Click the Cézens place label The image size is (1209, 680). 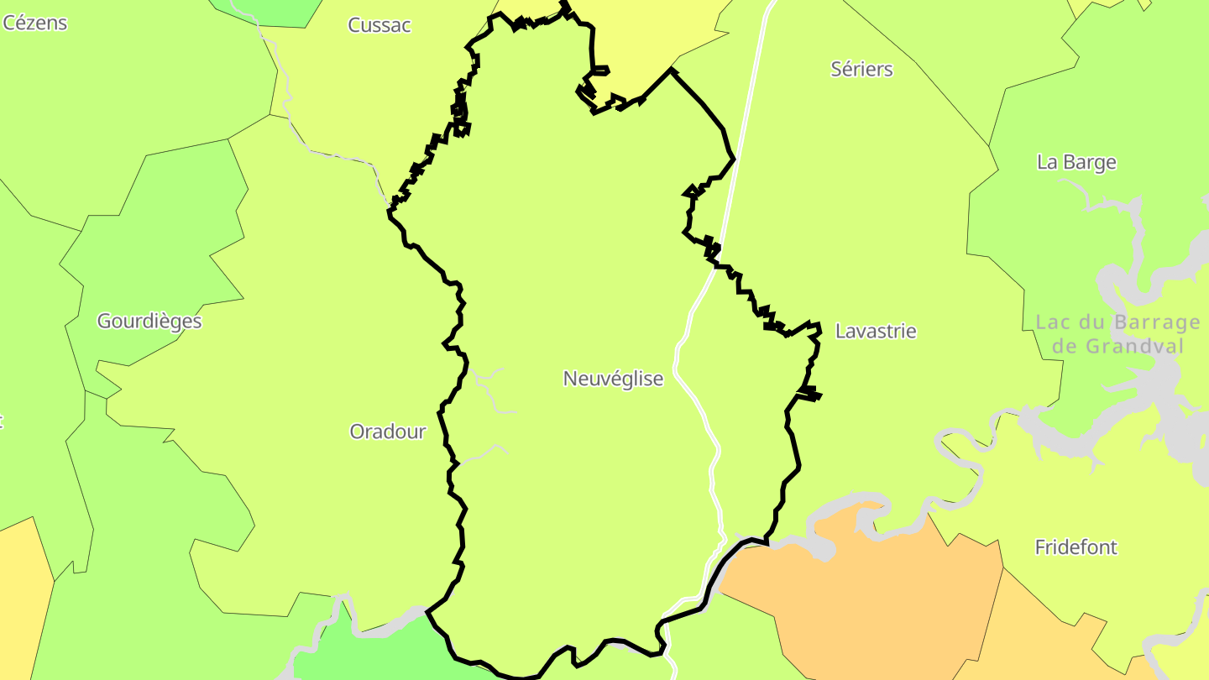click(34, 23)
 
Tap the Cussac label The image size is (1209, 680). click(379, 25)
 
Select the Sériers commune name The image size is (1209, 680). click(861, 69)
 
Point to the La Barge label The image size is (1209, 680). click(1076, 162)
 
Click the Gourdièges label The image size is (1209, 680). click(149, 321)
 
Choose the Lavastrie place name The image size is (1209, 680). click(876, 331)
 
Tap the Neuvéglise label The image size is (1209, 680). click(613, 379)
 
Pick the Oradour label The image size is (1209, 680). click(388, 432)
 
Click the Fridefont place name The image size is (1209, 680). click(1076, 547)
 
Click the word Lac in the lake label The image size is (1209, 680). click(1054, 322)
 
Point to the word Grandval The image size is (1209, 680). click(1133, 346)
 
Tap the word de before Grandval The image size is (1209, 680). click(1065, 346)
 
